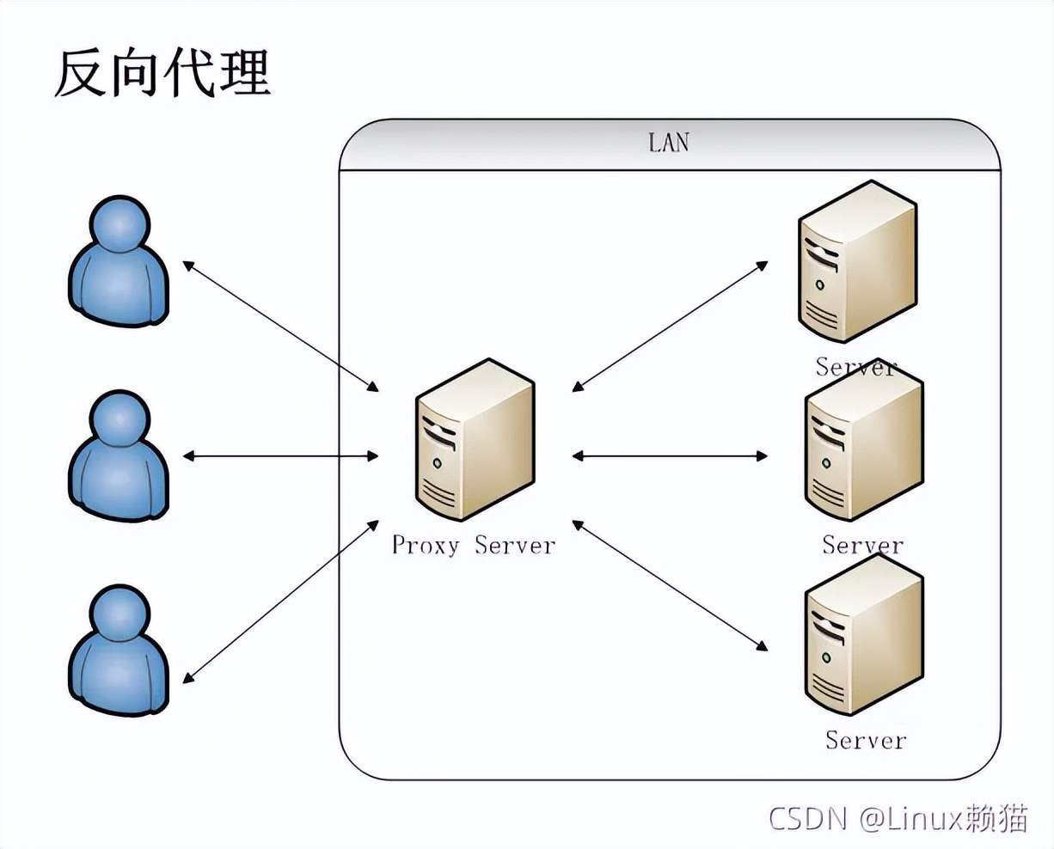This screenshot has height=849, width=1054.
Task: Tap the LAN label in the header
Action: pos(669,142)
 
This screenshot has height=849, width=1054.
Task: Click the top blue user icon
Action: pos(119,261)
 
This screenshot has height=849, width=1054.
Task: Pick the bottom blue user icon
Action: pos(119,650)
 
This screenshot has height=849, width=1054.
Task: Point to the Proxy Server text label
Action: pos(474,545)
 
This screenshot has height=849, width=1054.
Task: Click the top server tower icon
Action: pos(856,261)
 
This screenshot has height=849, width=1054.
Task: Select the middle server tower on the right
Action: pos(863,451)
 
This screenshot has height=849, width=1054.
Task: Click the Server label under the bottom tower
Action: pos(865,740)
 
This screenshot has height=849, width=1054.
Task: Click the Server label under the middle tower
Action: pos(862,545)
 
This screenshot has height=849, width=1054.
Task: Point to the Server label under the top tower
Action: pos(855,367)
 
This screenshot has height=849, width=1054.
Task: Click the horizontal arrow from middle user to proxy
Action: pos(281,455)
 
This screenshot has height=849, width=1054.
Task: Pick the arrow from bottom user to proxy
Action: pos(281,602)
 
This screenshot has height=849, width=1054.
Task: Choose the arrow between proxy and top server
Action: pos(670,327)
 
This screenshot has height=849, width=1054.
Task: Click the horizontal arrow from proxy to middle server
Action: pos(670,455)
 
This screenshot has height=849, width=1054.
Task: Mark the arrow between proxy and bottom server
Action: pos(670,584)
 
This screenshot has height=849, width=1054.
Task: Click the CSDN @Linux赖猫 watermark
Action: pos(898,817)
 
